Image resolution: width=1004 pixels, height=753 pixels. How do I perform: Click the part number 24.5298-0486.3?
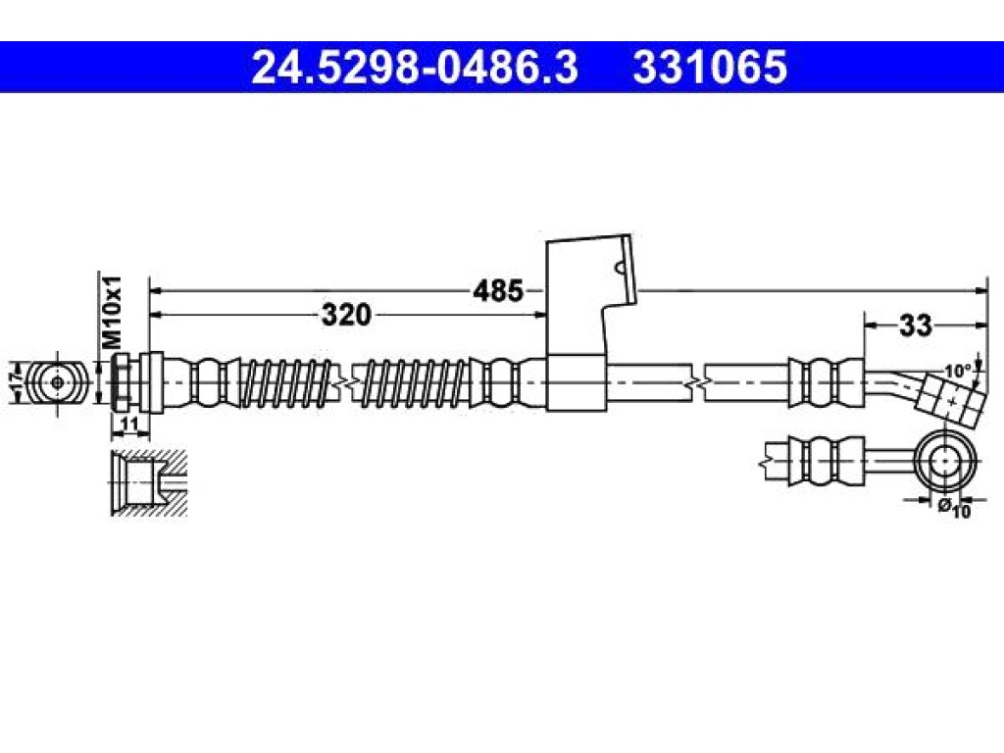coord(415,68)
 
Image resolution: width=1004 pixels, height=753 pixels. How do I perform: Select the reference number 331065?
coord(710,68)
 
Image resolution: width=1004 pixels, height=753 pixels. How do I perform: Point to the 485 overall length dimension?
coord(497,291)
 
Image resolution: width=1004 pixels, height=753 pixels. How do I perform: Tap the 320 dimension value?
coord(346,315)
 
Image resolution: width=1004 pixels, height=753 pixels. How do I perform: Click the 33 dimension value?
coord(916,326)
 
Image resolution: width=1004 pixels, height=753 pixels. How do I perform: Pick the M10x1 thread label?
coord(112,313)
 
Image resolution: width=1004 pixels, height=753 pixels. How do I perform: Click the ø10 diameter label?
coord(955,508)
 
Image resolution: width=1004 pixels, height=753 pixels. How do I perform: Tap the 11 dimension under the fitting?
coord(129,425)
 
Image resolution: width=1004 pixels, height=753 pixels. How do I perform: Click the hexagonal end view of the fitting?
coord(57,383)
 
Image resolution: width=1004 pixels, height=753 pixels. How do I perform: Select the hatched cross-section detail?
coord(149,482)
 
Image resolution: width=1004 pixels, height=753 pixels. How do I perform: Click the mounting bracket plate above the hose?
coord(589,294)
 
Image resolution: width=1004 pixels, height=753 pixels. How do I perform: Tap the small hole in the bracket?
coord(619,268)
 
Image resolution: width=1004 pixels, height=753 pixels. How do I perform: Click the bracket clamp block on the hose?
coord(577,382)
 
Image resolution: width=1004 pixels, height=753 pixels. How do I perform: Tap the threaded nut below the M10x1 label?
coord(120,383)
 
